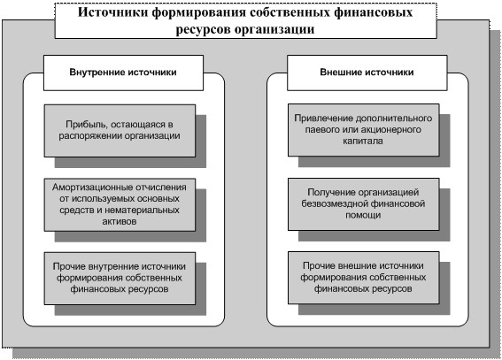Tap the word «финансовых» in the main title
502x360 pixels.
click(x=373, y=12)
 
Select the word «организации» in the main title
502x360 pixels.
click(x=274, y=30)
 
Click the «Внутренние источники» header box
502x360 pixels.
click(x=123, y=73)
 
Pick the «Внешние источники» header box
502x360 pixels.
click(x=367, y=73)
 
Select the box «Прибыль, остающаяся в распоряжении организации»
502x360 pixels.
click(x=120, y=130)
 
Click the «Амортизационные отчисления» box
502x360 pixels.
click(x=120, y=204)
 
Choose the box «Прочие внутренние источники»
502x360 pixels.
click(x=120, y=278)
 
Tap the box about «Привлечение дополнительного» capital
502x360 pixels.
click(x=363, y=130)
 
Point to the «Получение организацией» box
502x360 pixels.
click(x=363, y=204)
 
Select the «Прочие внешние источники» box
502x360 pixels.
click(x=363, y=278)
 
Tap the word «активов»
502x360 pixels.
click(x=120, y=221)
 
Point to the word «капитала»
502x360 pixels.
click(x=363, y=141)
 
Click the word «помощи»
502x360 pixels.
click(x=363, y=215)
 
